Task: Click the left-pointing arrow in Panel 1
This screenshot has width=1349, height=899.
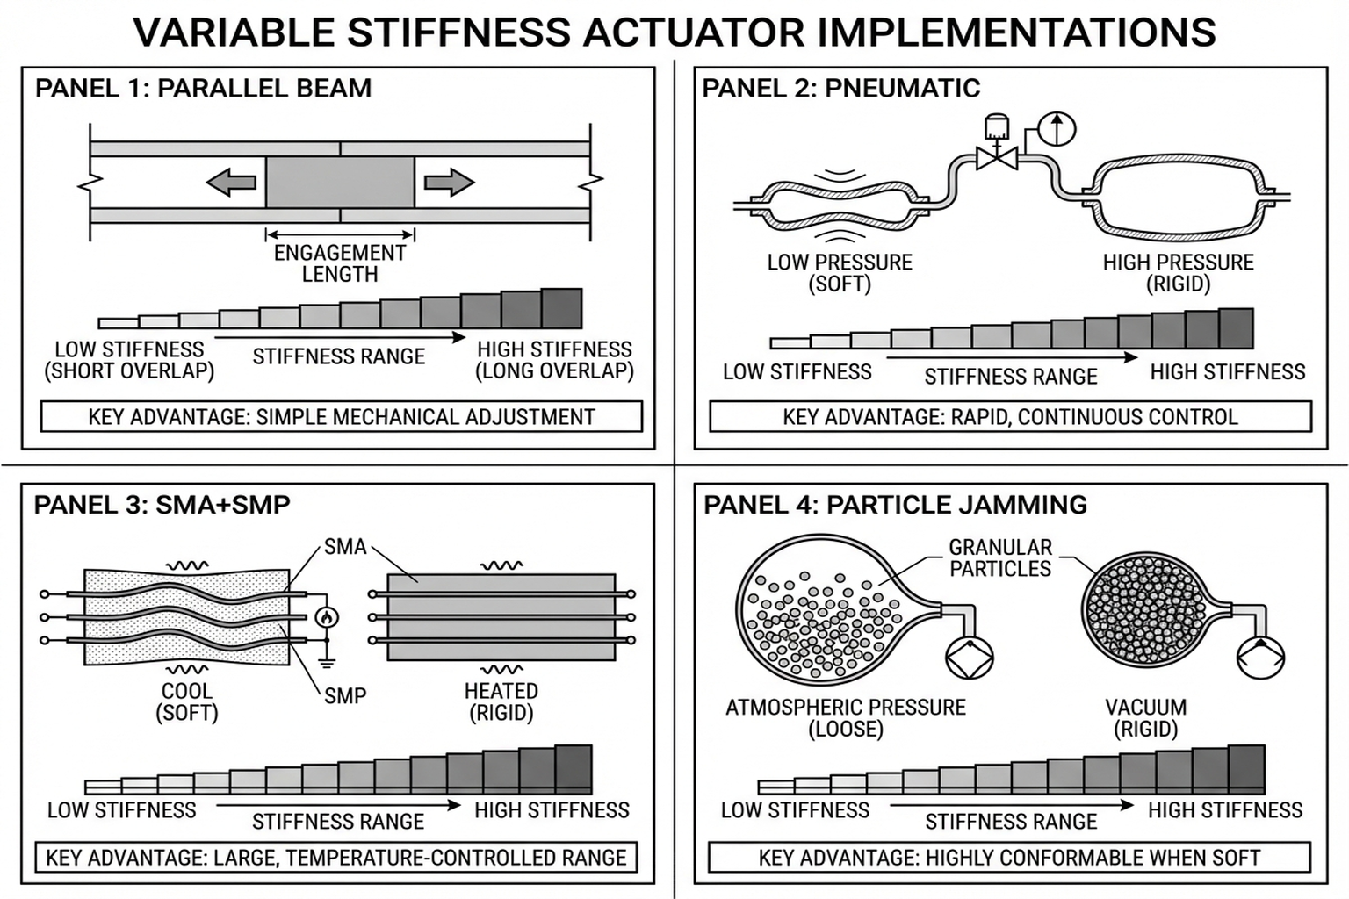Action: [231, 183]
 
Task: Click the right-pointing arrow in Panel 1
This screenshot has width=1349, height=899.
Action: [449, 183]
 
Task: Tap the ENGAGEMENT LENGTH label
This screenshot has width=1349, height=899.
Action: [340, 263]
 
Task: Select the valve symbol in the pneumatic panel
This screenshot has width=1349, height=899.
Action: [997, 159]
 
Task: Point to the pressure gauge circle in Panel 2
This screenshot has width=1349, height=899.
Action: [1057, 128]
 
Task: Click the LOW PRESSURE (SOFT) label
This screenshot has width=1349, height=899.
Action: [840, 273]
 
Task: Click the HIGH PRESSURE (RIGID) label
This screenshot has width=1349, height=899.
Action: [1178, 273]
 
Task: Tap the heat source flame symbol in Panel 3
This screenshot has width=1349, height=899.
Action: [327, 617]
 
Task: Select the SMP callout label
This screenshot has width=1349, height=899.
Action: [344, 696]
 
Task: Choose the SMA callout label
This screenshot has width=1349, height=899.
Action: [344, 547]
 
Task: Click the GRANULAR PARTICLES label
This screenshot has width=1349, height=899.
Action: [999, 557]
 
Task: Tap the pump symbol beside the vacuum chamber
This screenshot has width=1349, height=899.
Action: [1260, 655]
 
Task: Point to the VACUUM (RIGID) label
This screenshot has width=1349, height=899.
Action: [1145, 718]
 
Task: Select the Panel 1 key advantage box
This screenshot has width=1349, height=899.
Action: [342, 416]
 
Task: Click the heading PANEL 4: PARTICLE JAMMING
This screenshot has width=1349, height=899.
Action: [895, 505]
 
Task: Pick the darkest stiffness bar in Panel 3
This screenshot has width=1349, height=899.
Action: [574, 769]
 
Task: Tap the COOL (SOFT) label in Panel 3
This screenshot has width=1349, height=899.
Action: [186, 701]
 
